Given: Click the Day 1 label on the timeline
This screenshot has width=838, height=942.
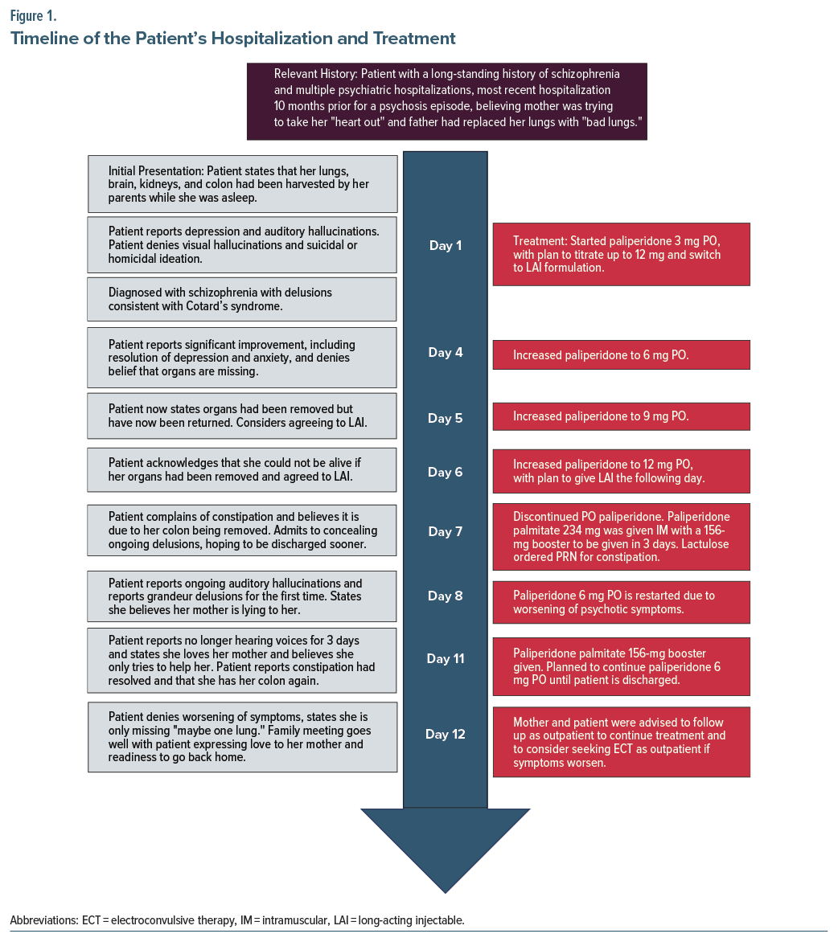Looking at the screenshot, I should point(445,246).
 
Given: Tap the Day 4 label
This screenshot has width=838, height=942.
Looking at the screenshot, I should point(445,353).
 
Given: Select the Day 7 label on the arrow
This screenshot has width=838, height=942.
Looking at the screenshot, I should point(445,532).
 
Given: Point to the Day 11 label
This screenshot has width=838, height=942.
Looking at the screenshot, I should point(445,659).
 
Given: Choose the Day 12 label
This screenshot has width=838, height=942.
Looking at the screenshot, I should point(445,735).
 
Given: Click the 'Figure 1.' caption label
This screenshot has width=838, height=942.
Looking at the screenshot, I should point(33,15).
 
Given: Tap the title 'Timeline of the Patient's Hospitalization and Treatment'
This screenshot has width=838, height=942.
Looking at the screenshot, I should point(233,39).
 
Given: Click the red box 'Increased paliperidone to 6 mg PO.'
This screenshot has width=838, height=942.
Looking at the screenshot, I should point(621,354).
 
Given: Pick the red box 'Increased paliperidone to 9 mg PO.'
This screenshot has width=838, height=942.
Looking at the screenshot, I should point(621,416).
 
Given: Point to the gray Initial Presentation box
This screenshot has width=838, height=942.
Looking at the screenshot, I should point(242,184).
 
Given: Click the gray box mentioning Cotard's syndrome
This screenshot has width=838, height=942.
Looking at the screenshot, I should point(242,299).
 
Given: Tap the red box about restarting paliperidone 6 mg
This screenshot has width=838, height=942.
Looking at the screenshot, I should point(621,603).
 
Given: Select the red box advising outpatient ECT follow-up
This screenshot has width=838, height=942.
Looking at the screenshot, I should point(621,742).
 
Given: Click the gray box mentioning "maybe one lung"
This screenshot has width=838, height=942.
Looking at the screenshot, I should point(242,737).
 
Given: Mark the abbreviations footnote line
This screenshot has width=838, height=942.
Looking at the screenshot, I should point(237,920).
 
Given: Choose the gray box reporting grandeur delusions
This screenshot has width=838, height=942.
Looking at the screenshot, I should point(242,596).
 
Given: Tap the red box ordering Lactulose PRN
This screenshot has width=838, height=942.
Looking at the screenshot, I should point(621,534).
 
